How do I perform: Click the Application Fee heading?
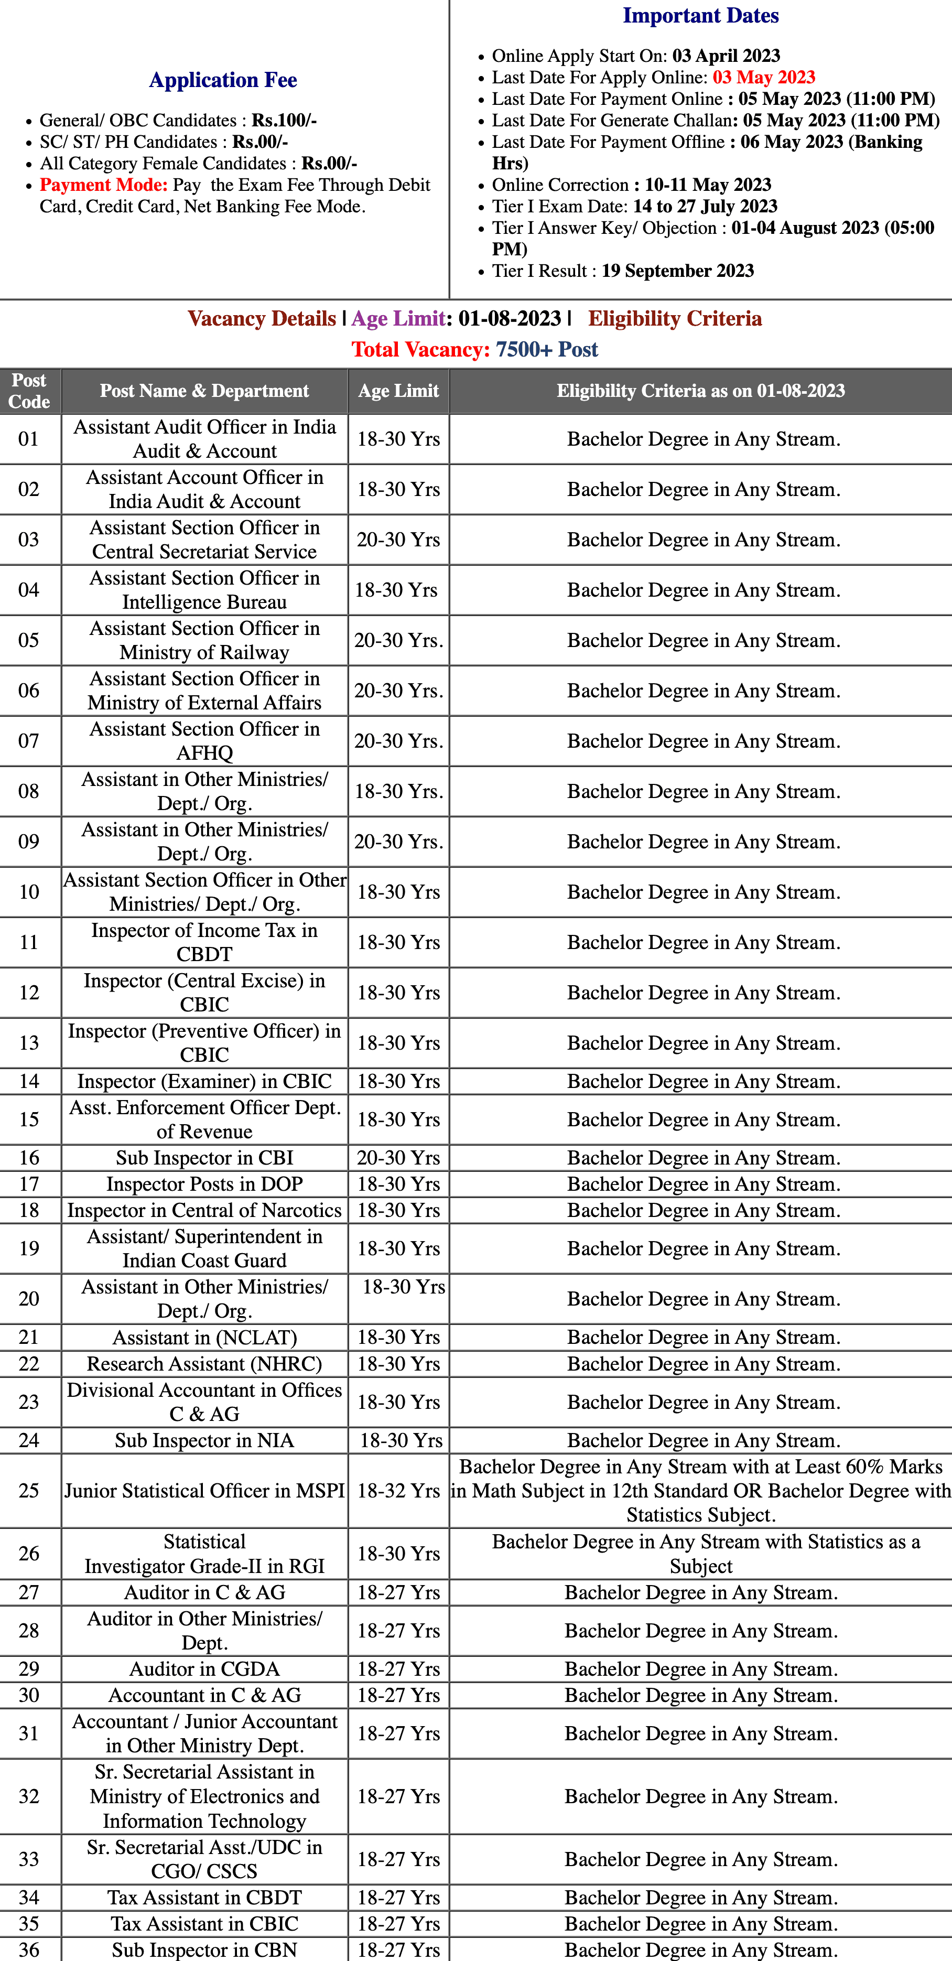[x=223, y=80]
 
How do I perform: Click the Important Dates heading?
[x=700, y=16]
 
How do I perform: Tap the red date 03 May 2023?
[x=763, y=78]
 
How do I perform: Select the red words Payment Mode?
[x=103, y=185]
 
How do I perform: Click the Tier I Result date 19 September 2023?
[x=677, y=271]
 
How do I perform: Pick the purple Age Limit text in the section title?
[x=398, y=318]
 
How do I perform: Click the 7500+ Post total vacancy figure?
[x=546, y=349]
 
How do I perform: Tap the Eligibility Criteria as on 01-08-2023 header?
[x=700, y=391]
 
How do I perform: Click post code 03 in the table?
[x=29, y=540]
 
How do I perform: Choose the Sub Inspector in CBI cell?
[x=204, y=1158]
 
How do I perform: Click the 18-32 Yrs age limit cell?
[x=399, y=1491]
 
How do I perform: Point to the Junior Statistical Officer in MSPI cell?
[x=204, y=1491]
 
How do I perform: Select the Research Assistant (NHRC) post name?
[x=204, y=1363]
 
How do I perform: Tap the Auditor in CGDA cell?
[x=204, y=1668]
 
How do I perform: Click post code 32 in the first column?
[x=29, y=1796]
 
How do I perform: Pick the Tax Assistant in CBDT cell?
[x=204, y=1897]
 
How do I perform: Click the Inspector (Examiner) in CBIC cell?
[x=204, y=1081]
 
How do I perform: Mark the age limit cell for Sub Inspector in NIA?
[x=401, y=1440]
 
